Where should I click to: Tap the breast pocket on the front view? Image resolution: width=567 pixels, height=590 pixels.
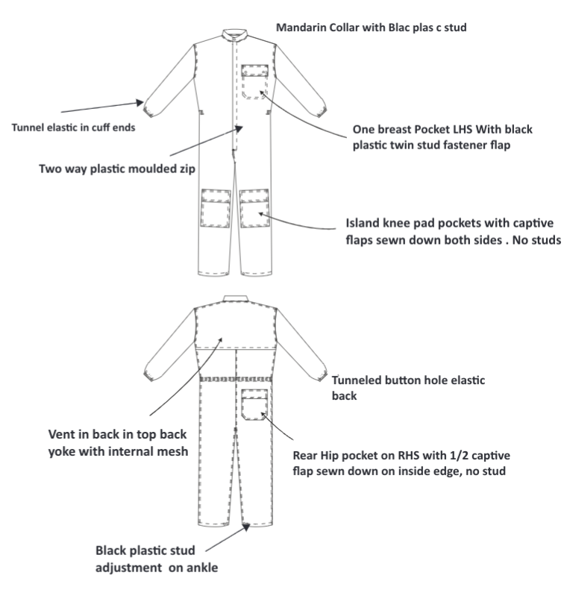click(254, 81)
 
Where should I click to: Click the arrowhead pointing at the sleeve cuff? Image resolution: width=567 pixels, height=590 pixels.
click(140, 102)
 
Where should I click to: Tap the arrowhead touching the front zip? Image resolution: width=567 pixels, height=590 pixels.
click(239, 129)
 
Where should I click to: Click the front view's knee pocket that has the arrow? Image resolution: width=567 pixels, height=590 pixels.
click(254, 208)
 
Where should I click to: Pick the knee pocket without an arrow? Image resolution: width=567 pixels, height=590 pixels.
click(216, 208)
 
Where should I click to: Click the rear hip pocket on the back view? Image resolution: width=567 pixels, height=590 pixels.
click(254, 405)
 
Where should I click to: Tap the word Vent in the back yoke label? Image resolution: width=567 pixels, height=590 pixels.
click(62, 434)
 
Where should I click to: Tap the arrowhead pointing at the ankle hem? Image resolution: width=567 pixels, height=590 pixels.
click(246, 527)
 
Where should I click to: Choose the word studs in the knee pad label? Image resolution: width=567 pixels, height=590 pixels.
click(546, 240)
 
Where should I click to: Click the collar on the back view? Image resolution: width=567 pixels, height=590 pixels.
click(236, 299)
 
